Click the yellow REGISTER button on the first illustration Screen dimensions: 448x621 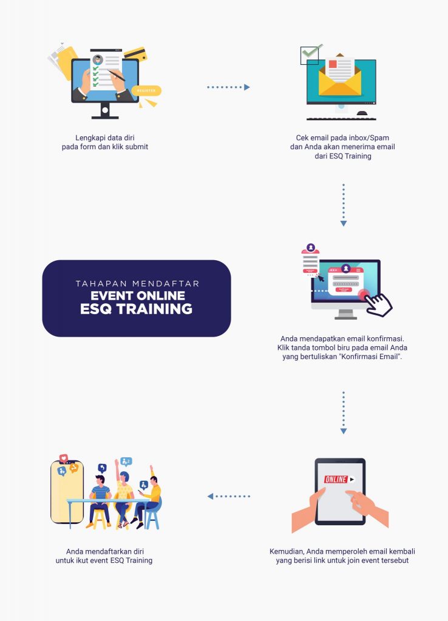click(x=146, y=91)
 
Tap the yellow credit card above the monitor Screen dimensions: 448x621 click(x=135, y=54)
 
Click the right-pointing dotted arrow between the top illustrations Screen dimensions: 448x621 click(x=228, y=87)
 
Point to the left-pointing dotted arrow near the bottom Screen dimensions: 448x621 click(x=229, y=496)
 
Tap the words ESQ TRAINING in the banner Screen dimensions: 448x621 click(x=137, y=309)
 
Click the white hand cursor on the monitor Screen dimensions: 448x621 click(x=379, y=304)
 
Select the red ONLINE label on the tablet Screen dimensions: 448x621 click(x=336, y=479)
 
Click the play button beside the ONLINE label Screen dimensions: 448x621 click(x=351, y=479)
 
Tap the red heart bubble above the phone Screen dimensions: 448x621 click(x=63, y=458)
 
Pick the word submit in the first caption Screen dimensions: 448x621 click(x=137, y=147)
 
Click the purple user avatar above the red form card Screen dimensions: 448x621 click(x=311, y=247)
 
